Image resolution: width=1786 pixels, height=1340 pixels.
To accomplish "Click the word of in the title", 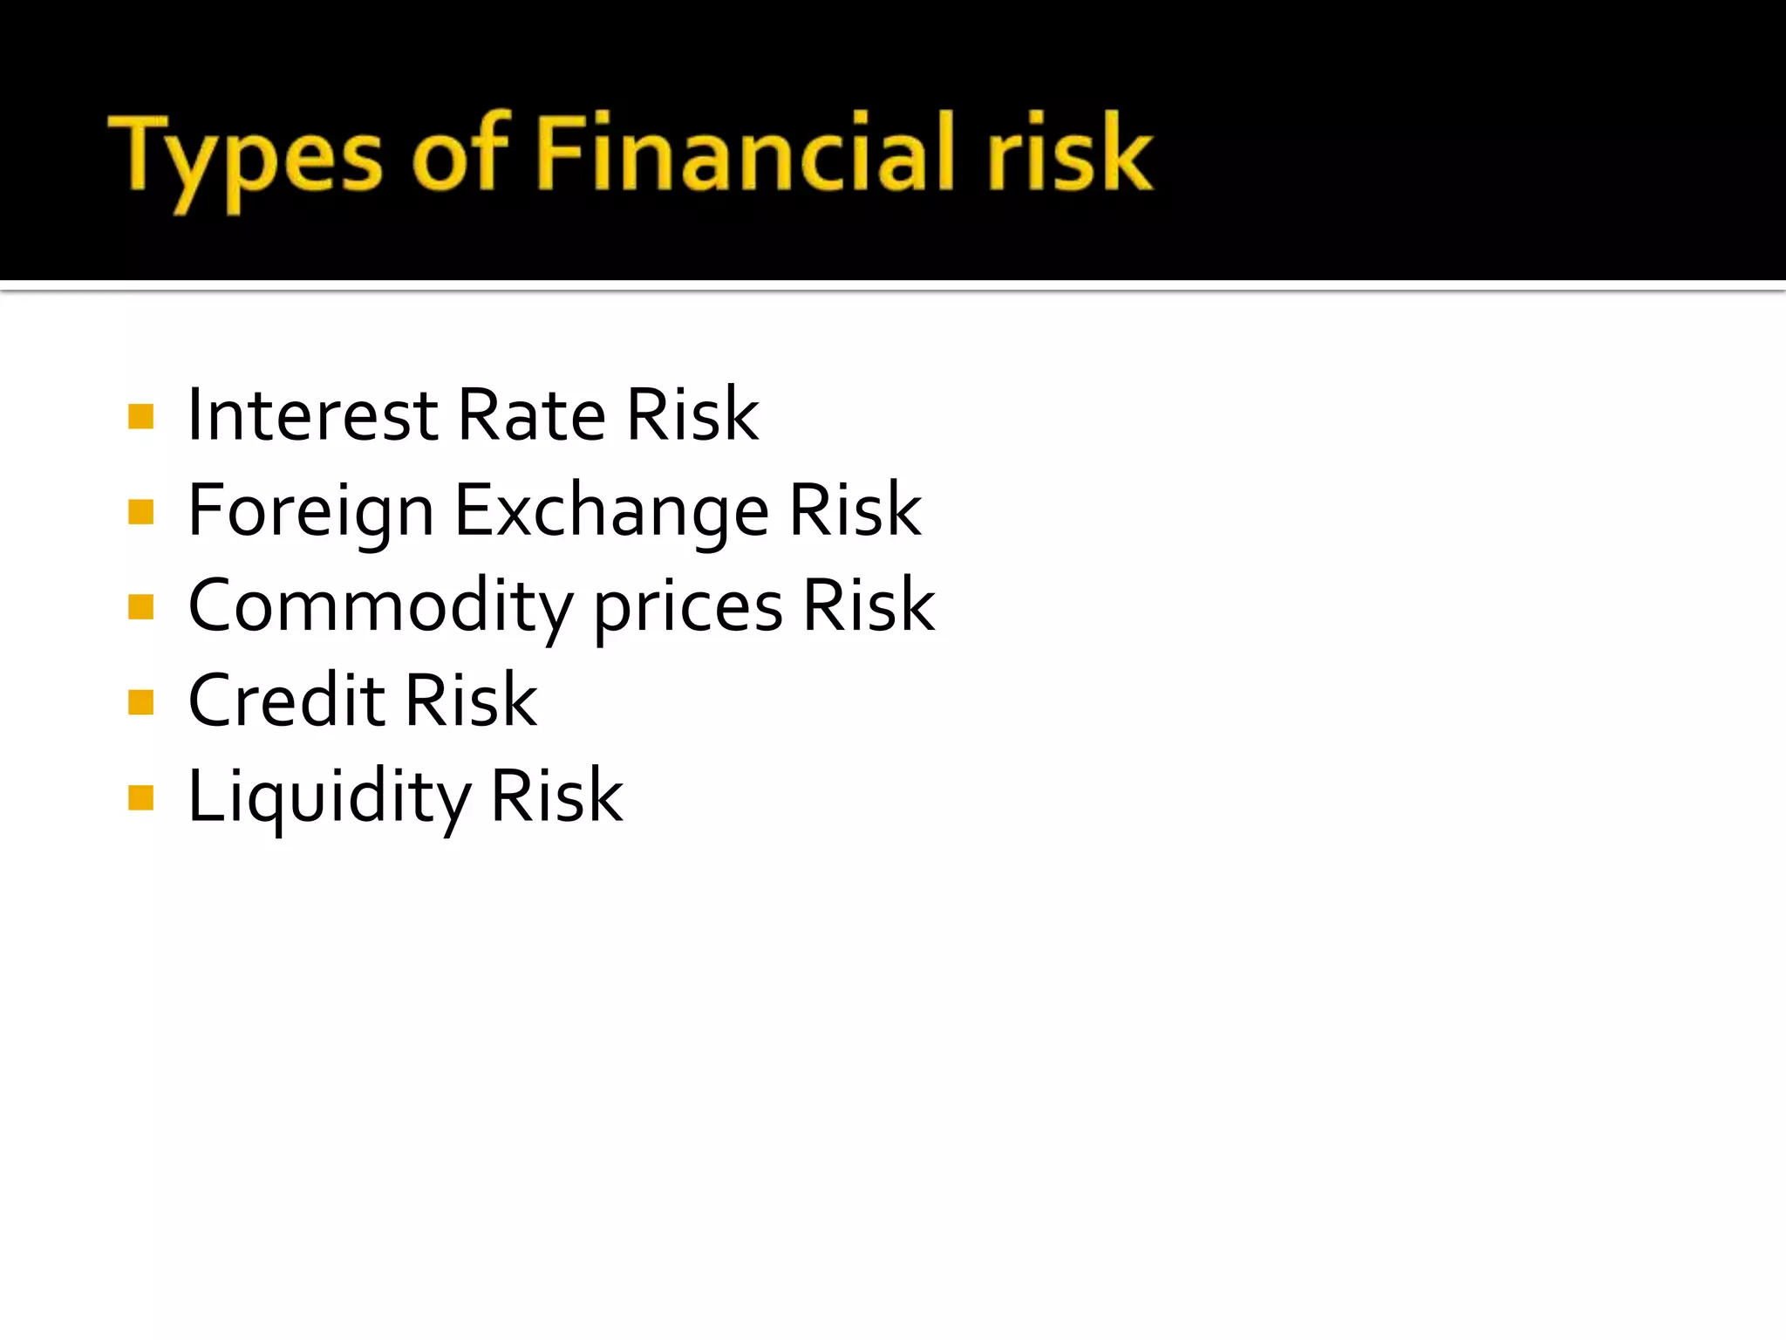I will (x=460, y=154).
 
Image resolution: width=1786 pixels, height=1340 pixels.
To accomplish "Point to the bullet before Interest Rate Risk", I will (x=140, y=416).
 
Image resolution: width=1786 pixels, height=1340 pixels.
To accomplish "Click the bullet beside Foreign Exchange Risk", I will (x=140, y=511).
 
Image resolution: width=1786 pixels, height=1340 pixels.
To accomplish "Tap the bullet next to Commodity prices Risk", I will (x=140, y=606).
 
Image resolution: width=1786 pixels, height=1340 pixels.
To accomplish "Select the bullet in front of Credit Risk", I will (x=140, y=701).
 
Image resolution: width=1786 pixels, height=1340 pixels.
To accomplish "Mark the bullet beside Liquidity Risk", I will (x=140, y=797).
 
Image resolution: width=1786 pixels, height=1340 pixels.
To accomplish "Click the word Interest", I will (x=312, y=415).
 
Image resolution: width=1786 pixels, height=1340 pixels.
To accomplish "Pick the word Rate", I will (x=531, y=415).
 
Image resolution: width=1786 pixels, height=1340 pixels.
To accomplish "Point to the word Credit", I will (x=287, y=701).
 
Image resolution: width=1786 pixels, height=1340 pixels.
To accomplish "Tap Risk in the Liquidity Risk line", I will (x=556, y=796).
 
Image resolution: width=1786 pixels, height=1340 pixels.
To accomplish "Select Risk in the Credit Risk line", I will (x=471, y=701).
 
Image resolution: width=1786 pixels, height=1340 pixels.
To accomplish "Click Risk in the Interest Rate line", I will (x=692, y=415).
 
